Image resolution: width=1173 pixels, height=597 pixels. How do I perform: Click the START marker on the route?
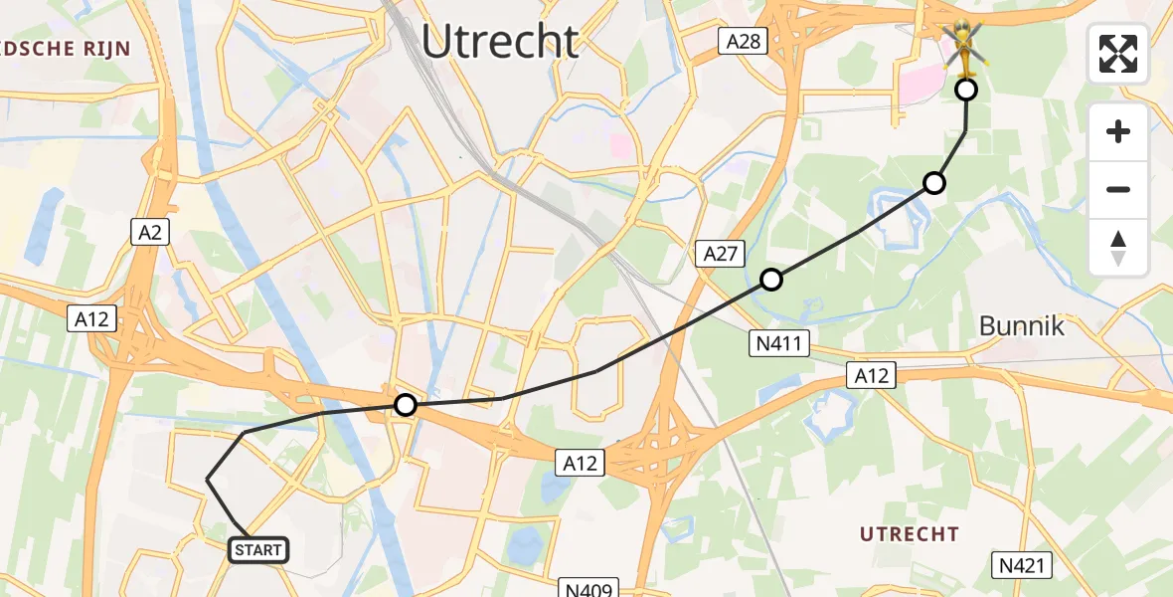pos(258,549)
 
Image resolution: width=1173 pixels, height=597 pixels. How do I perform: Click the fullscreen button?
pos(1118,54)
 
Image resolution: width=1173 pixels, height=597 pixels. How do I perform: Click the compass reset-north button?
pos(1118,247)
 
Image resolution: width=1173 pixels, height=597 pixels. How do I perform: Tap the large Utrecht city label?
pos(500,42)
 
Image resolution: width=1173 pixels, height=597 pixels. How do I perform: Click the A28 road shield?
pos(744,41)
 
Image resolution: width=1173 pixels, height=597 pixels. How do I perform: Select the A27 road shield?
pos(720,254)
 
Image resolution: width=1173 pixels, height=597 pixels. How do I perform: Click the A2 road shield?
pos(151,233)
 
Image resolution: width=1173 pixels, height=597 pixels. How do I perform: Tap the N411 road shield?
pos(780,344)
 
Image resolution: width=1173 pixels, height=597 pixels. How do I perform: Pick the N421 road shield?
pos(1022,566)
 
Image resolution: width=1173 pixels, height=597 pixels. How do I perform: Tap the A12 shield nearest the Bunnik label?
pos(872,375)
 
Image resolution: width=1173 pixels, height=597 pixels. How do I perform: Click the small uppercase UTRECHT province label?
pos(910,534)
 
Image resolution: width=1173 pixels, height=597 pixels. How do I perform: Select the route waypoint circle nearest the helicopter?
pos(965,91)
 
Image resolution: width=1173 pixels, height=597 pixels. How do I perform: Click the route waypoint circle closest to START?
pos(405,405)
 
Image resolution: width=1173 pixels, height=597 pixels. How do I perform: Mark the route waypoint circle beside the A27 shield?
pos(770,280)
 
